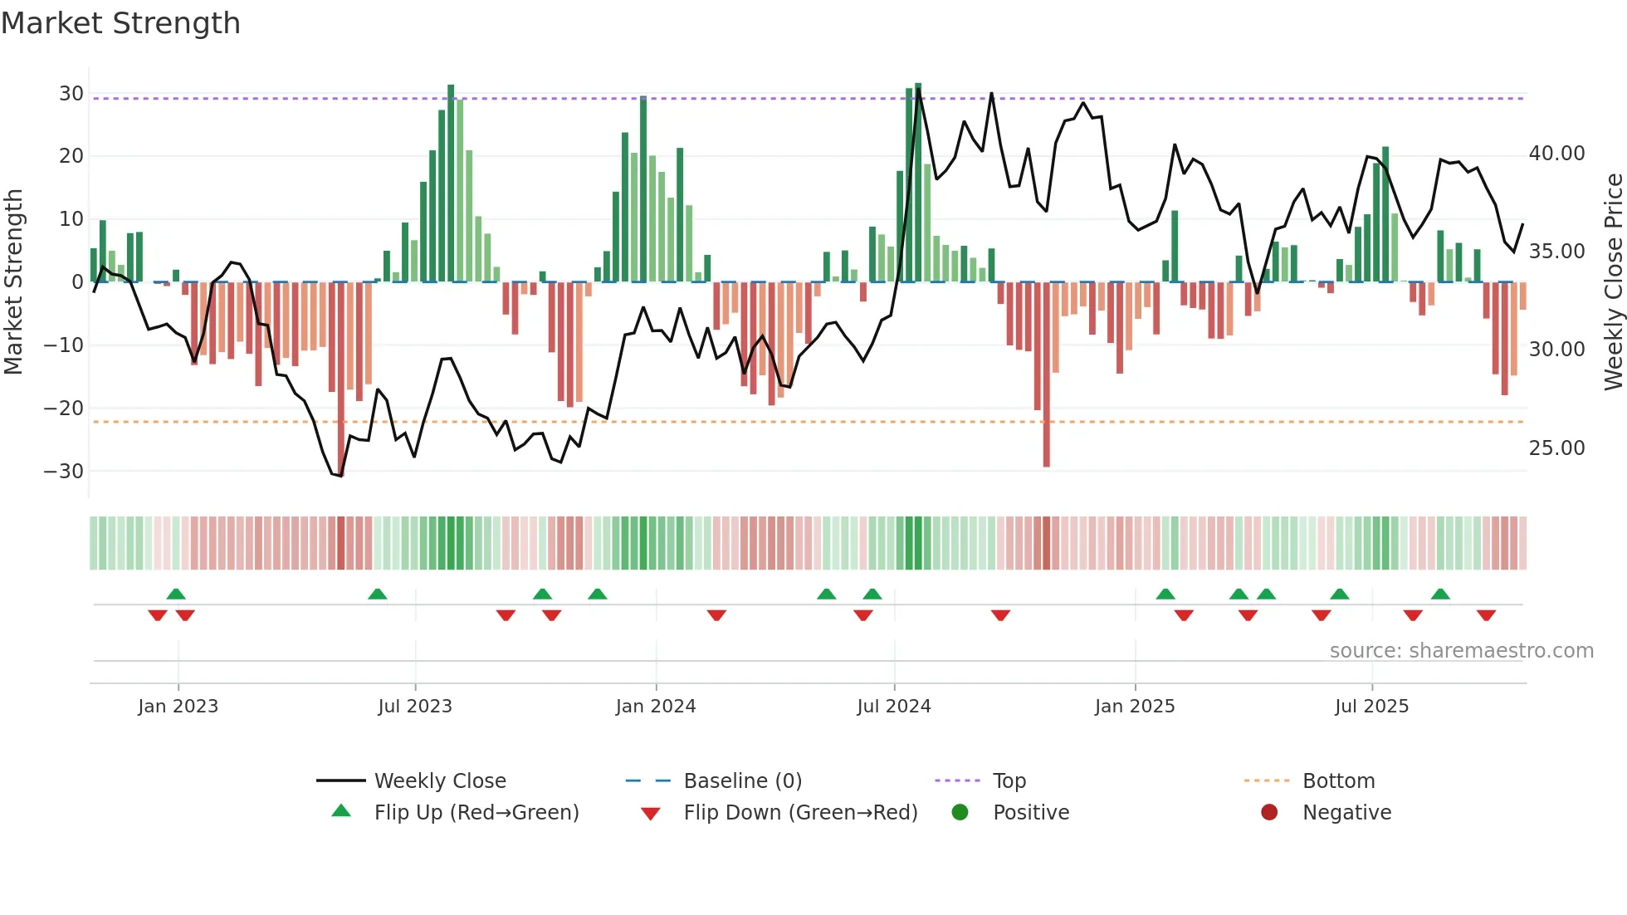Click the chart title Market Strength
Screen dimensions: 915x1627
(x=120, y=23)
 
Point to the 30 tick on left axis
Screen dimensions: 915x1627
(x=71, y=94)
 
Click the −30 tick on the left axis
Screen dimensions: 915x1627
(x=64, y=472)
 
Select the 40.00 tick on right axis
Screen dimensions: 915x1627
(x=1556, y=154)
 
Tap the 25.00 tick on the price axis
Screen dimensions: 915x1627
(x=1556, y=448)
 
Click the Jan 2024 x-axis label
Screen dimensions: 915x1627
(x=655, y=707)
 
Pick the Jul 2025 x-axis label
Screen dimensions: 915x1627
(x=1371, y=707)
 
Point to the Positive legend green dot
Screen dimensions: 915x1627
(x=960, y=813)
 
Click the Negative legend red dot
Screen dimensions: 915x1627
(x=1269, y=813)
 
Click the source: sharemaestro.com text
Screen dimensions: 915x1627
(x=1461, y=651)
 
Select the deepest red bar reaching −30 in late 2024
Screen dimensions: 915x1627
(x=1046, y=374)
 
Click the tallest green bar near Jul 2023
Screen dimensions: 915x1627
(x=451, y=183)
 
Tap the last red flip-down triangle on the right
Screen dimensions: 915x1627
(x=1486, y=615)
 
